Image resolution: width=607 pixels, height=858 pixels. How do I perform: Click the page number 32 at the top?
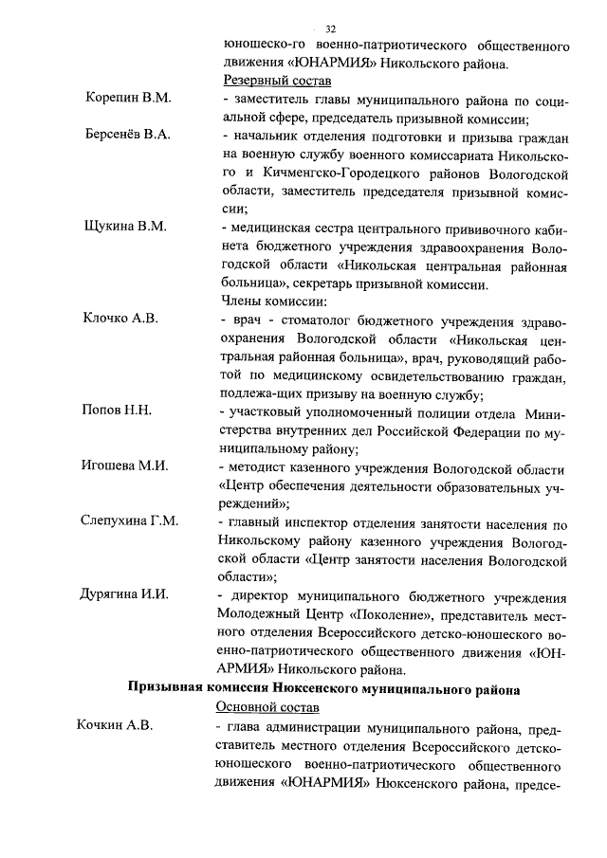(331, 27)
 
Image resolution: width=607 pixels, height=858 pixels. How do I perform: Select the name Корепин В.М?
(127, 99)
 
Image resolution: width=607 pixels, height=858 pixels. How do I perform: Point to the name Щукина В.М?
(125, 227)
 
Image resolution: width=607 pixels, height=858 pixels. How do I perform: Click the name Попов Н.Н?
(118, 411)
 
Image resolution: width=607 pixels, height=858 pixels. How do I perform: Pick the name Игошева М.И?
(126, 466)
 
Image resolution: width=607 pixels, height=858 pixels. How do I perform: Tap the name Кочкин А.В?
(114, 726)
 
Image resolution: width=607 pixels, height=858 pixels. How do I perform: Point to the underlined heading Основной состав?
(266, 707)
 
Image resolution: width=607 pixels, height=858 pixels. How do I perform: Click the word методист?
(258, 466)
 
